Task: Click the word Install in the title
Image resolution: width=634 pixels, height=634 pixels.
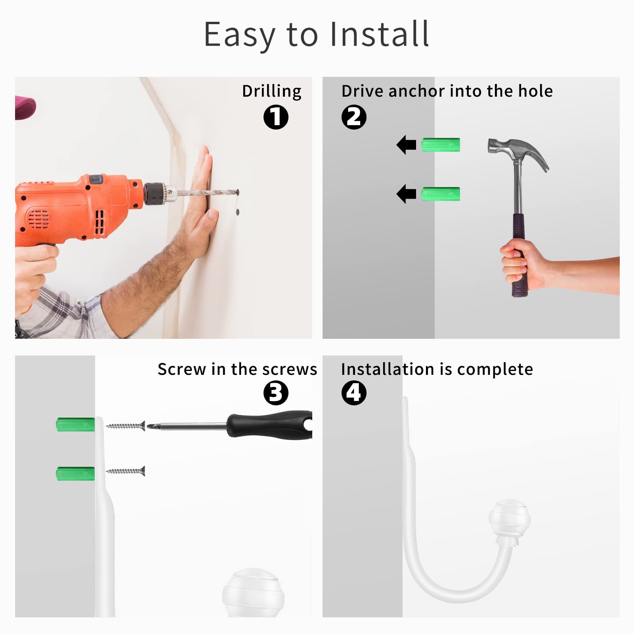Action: tap(379, 34)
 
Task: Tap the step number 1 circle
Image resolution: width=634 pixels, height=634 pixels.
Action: tap(276, 117)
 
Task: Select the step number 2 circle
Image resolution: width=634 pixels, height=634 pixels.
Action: tap(354, 117)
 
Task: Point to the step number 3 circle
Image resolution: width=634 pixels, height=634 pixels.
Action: tap(276, 393)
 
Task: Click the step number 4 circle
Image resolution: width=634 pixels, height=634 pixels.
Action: tap(354, 393)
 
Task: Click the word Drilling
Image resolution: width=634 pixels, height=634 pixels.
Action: tap(272, 92)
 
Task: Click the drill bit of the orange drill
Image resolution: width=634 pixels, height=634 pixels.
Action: tap(206, 193)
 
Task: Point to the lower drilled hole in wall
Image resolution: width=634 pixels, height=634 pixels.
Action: tap(238, 212)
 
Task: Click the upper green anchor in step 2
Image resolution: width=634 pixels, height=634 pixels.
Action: tap(441, 145)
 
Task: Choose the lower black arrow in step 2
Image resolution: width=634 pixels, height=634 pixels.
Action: tap(407, 194)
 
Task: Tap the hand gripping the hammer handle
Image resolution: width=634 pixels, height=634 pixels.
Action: tap(519, 264)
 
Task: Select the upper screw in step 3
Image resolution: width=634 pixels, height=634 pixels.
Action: tap(126, 426)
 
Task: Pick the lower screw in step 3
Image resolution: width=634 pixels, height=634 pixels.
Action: tap(126, 471)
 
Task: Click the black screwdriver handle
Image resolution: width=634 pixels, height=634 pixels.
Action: tap(269, 425)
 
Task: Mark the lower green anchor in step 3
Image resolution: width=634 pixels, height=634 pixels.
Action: tap(75, 474)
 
